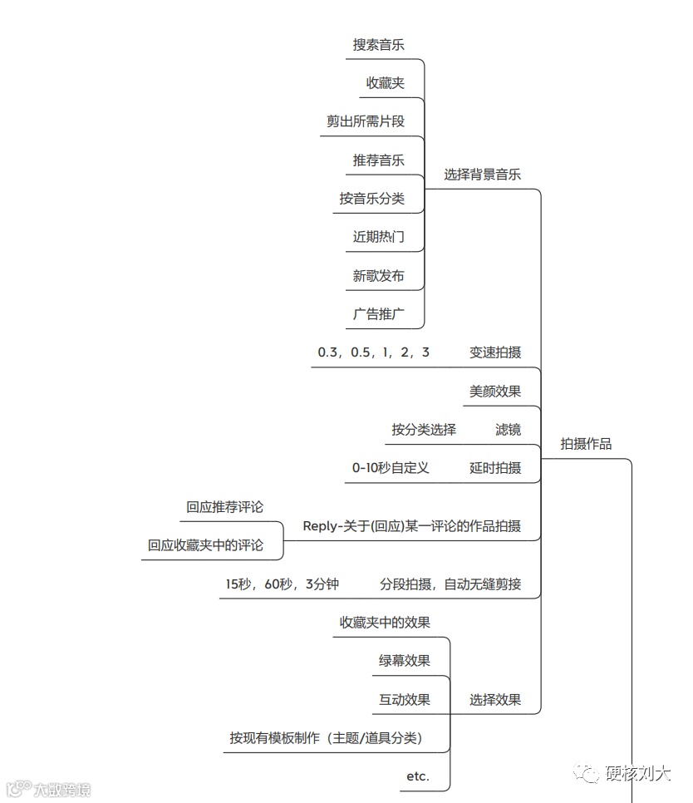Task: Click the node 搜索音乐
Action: point(378,45)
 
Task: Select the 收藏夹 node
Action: point(385,83)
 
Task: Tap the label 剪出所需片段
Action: point(365,121)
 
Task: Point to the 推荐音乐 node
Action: point(378,160)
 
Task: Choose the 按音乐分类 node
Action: point(371,199)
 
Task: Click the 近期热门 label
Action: point(378,237)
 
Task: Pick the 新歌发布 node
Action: point(378,276)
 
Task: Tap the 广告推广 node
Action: point(378,314)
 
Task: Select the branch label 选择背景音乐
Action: point(482,175)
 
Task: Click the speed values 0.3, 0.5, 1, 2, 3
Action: point(373,352)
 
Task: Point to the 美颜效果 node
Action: point(495,391)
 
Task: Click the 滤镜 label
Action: point(508,430)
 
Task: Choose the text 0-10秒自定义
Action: point(391,468)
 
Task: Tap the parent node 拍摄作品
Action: point(586,444)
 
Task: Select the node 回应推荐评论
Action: point(224,507)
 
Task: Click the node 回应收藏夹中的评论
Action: point(205,545)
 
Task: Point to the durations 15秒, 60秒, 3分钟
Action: point(282,584)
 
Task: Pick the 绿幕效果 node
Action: point(404,661)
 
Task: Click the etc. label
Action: point(417,776)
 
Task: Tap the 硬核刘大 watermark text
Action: point(637,774)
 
